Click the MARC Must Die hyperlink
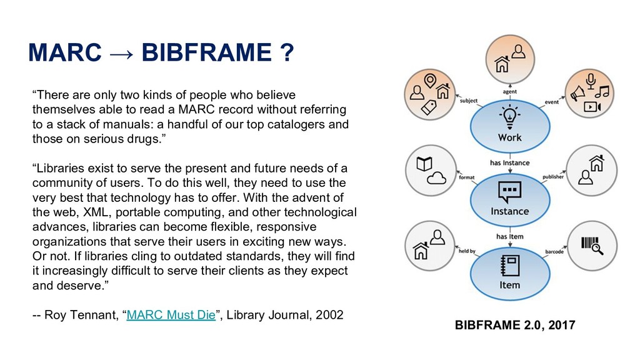(171, 315)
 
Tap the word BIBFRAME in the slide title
(205, 55)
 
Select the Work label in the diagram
(509, 137)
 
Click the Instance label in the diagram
(509, 211)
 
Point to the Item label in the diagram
(509, 284)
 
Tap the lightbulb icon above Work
(509, 117)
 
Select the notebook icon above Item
(509, 264)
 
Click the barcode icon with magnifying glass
(591, 244)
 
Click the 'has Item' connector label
(509, 237)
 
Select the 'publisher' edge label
(553, 177)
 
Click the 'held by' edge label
(467, 251)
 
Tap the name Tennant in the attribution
(93, 315)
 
